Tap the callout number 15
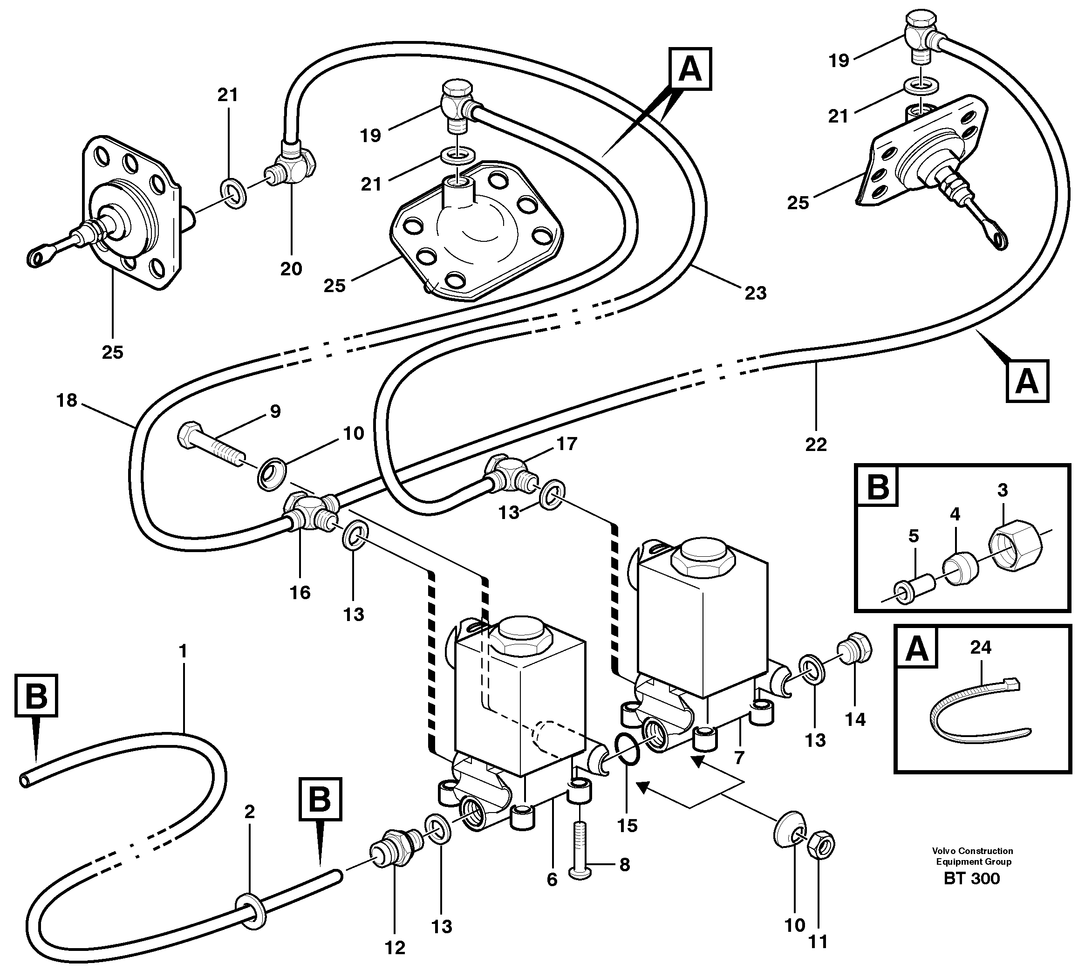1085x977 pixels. click(627, 825)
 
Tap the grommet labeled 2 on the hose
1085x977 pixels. click(250, 911)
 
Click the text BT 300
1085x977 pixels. click(972, 894)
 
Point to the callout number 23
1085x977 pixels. click(755, 293)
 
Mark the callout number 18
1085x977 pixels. click(67, 401)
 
